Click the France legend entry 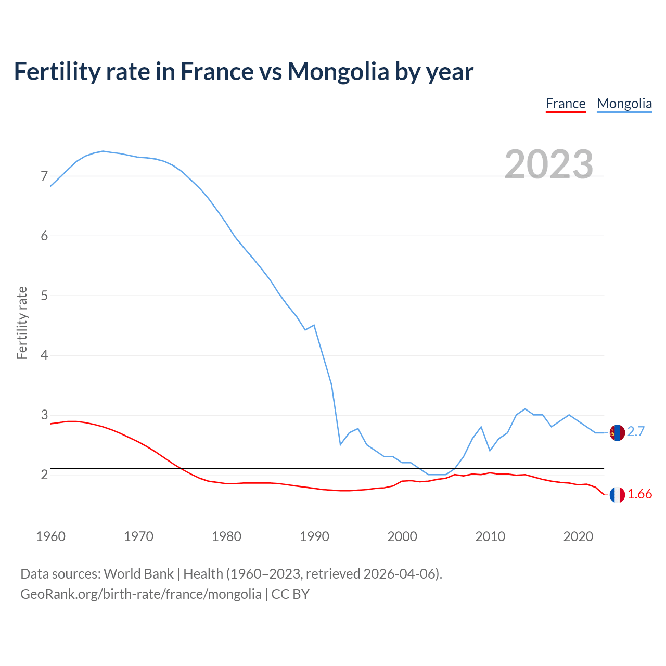[x=566, y=104]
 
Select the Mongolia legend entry [x=624, y=104]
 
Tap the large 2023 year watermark [x=549, y=164]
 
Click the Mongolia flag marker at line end [x=617, y=432]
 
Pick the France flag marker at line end [x=617, y=495]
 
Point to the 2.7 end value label [x=636, y=432]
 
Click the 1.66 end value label [x=640, y=494]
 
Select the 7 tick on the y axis [x=44, y=176]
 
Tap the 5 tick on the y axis [x=44, y=296]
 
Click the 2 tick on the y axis [x=44, y=475]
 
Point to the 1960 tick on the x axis [x=50, y=536]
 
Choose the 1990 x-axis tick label [x=314, y=536]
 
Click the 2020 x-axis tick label [x=578, y=536]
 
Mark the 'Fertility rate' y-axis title [x=22, y=323]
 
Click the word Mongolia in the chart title [x=338, y=71]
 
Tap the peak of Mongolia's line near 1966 [x=103, y=151]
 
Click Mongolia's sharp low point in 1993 [x=340, y=444]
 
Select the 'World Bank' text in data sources [x=138, y=574]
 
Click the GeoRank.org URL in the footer [x=141, y=594]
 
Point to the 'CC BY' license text [x=290, y=594]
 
